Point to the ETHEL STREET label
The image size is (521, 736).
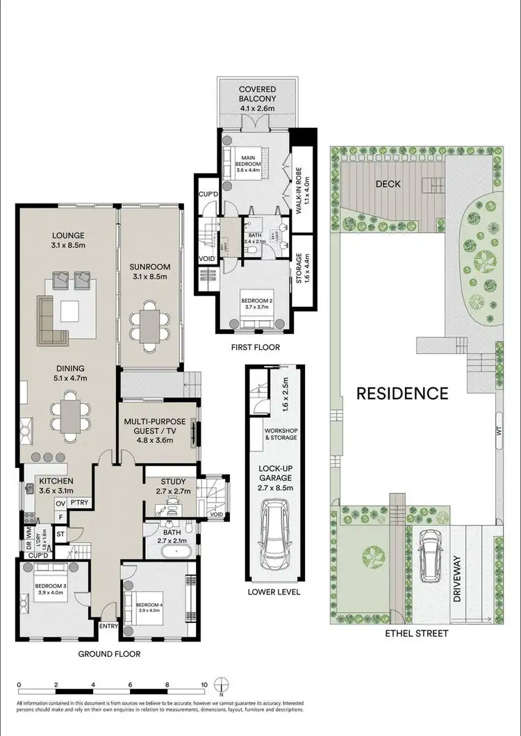tap(417, 633)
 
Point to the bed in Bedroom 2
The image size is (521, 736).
tap(254, 316)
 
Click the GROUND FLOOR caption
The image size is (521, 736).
tap(109, 654)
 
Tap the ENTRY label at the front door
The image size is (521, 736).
tap(109, 626)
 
